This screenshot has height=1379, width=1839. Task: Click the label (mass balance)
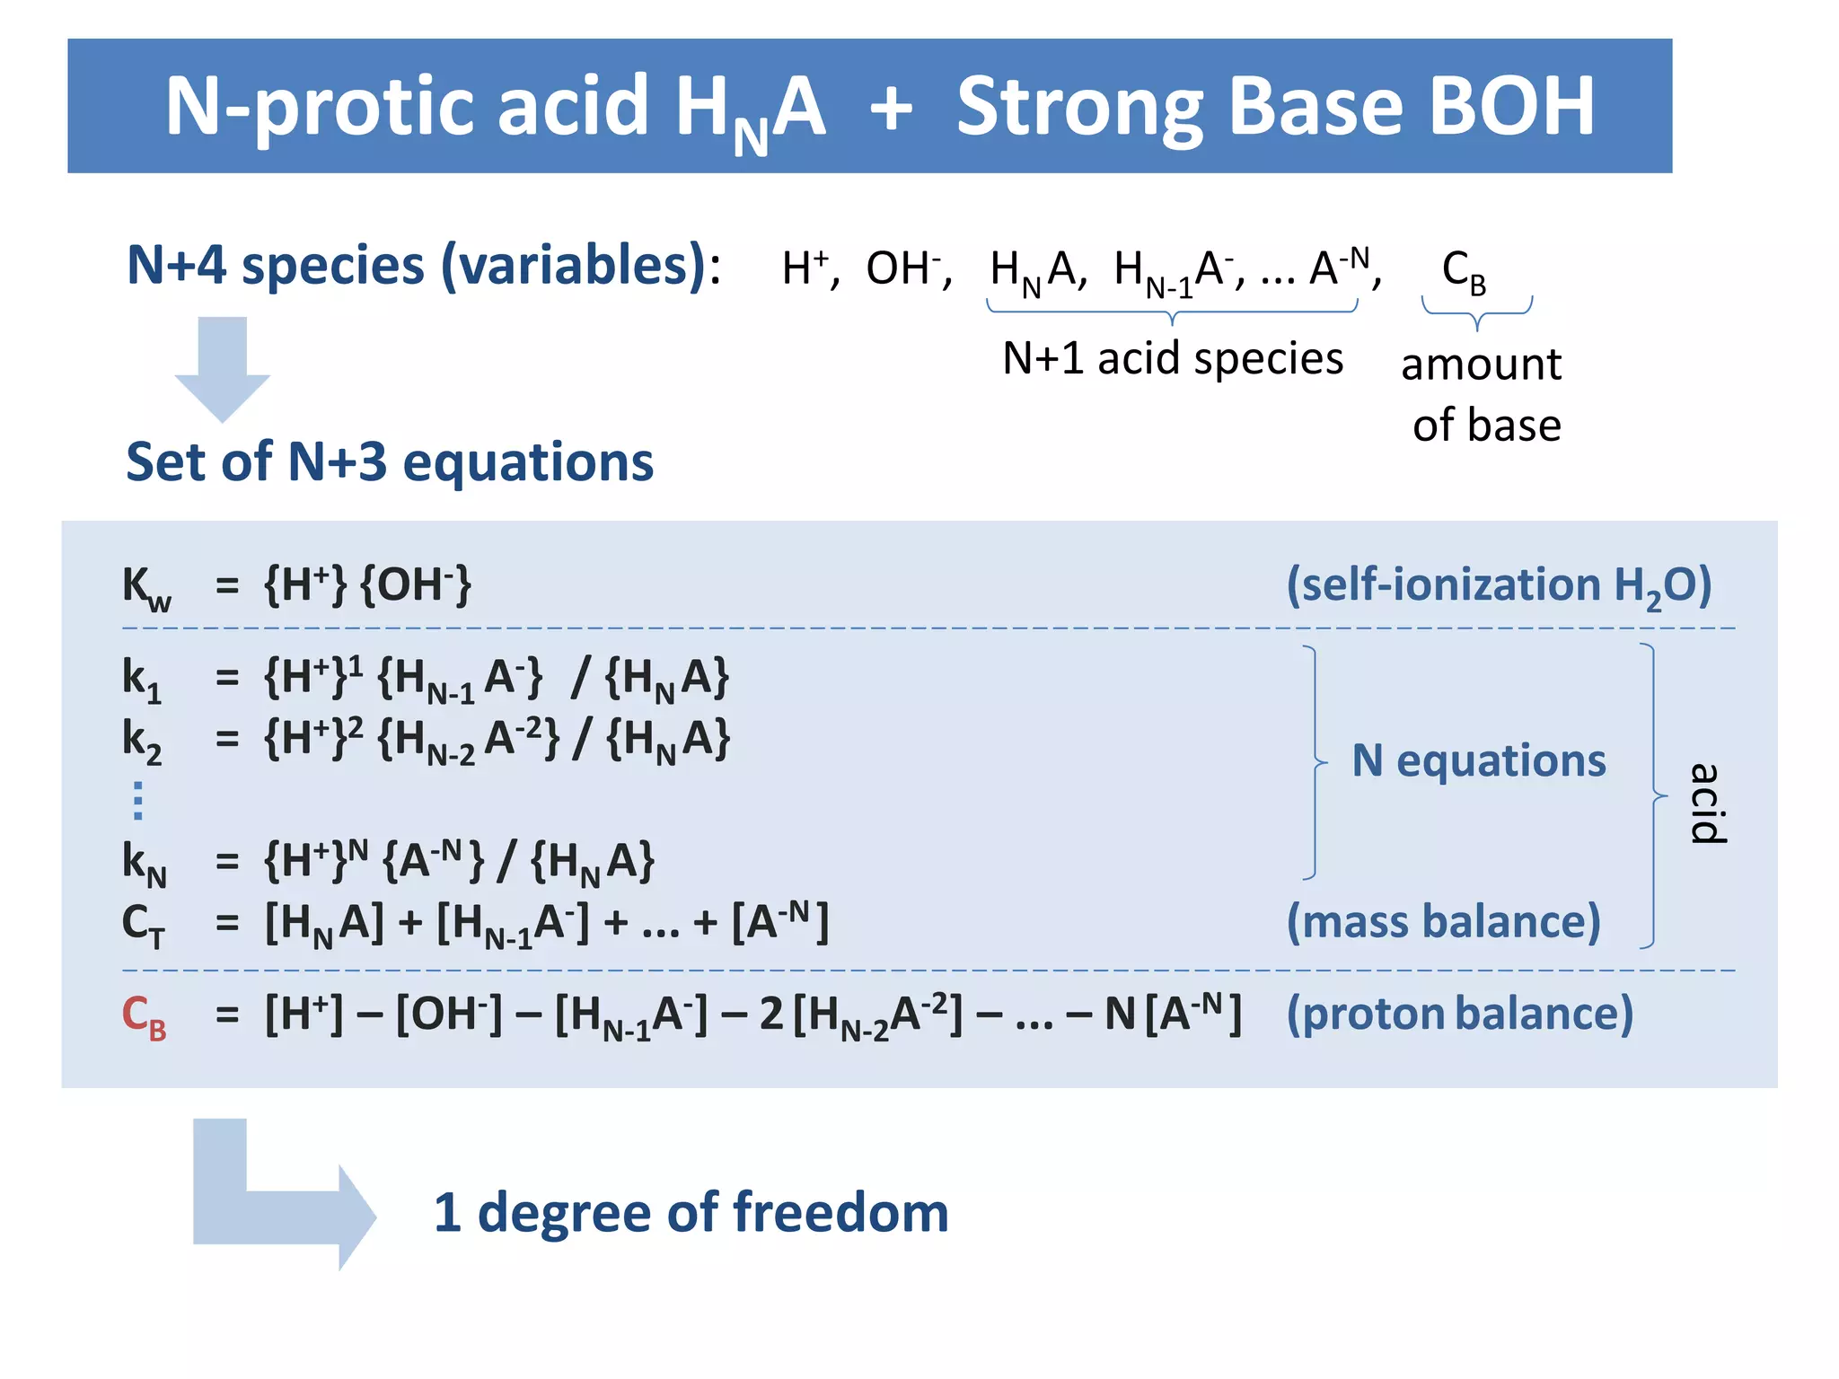coord(1443,922)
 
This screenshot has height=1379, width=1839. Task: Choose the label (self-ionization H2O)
coord(1499,585)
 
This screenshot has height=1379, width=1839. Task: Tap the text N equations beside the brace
coord(1478,760)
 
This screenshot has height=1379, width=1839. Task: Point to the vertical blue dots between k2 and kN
coord(137,800)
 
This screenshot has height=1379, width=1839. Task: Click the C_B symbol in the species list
coord(1464,270)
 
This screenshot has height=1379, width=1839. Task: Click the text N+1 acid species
coord(1172,358)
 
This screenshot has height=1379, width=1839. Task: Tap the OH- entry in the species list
coord(905,268)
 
